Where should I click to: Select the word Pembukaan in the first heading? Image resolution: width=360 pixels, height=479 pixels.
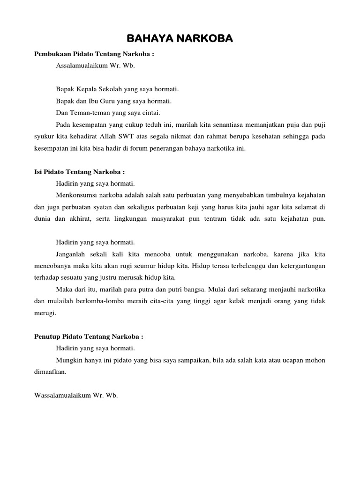(51, 54)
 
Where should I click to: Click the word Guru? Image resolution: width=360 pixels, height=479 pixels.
(112, 101)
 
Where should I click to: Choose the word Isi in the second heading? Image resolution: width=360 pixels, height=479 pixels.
(39, 172)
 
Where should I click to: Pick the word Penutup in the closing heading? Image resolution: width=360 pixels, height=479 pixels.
(47, 336)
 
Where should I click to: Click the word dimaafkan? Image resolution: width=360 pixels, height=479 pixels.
(50, 372)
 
